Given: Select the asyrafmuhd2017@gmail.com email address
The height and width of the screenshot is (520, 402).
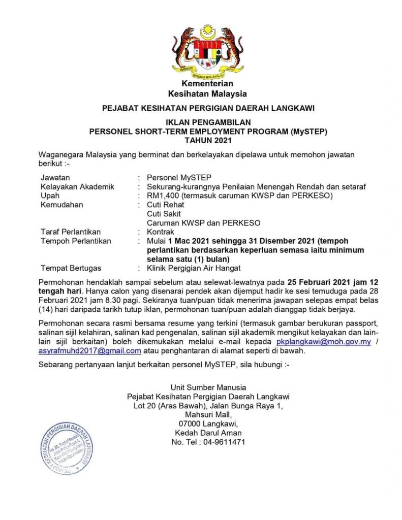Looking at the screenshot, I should click(89, 350).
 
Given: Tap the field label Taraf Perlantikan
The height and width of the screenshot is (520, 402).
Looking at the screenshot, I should click(71, 232).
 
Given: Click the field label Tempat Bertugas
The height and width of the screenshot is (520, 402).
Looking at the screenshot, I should click(71, 268).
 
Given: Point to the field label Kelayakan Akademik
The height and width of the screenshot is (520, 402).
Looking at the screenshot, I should click(77, 186).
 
